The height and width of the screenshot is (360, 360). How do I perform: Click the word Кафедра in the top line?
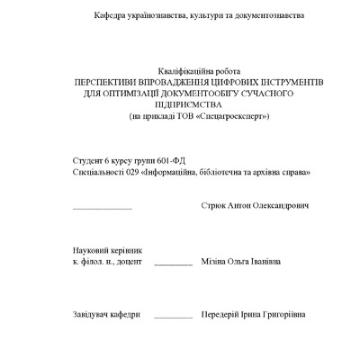click(x=108, y=17)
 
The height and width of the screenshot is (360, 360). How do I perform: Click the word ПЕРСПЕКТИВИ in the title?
click(x=109, y=82)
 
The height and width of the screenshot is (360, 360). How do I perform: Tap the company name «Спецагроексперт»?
click(x=213, y=116)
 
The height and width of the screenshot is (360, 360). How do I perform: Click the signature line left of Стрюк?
click(x=102, y=209)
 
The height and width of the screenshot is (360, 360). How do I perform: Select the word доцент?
click(x=129, y=262)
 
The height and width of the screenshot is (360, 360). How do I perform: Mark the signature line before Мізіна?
click(x=173, y=265)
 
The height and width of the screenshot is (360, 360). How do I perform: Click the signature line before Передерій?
click(x=173, y=318)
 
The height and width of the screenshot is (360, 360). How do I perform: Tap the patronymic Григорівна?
click(x=283, y=315)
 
